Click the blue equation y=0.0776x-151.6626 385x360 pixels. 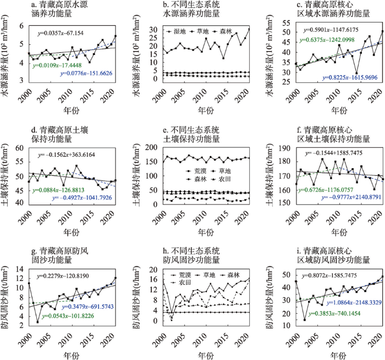coord(86,74)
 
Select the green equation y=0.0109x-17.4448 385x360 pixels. coord(57,65)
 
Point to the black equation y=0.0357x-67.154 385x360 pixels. coord(61,33)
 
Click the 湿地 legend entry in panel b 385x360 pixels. coord(177,31)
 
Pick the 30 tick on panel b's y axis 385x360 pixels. coord(154,30)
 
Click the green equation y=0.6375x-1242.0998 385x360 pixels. coord(327,40)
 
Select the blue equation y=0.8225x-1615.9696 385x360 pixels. coord(350,78)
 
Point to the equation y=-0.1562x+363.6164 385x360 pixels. coord(67,155)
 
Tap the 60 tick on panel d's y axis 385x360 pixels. coord(19,148)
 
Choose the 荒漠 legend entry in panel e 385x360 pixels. coord(196,171)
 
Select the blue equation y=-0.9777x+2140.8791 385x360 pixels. coord(351,197)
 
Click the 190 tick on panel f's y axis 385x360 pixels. coord(285,148)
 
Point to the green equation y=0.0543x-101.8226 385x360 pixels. coord(68,316)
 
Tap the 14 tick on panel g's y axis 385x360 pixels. coord(19,270)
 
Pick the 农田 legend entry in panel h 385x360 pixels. coord(181,282)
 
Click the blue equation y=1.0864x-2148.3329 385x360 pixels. coord(354,303)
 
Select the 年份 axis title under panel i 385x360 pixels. coord(339,356)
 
